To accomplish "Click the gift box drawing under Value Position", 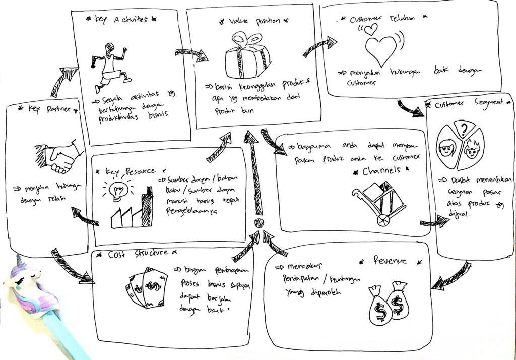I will [247, 56].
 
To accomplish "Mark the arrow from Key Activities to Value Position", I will [191, 53].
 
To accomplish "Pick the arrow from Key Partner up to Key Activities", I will [63, 80].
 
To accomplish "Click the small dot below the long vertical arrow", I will [259, 223].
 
